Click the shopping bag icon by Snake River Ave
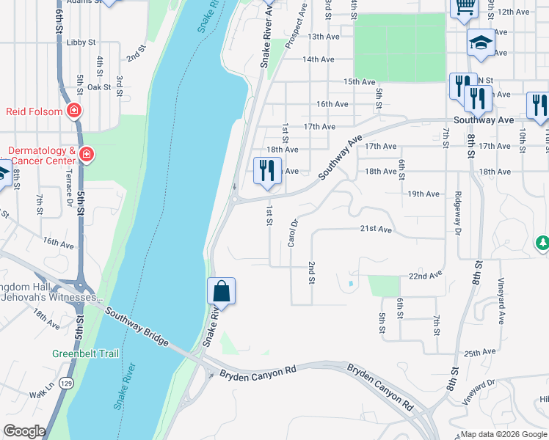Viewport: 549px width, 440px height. (x=221, y=291)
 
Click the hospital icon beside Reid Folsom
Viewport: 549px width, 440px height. (x=73, y=111)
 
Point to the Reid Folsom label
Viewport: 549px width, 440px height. (x=35, y=111)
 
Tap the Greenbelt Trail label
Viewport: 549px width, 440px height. (x=85, y=353)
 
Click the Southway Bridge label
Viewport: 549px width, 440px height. (x=137, y=327)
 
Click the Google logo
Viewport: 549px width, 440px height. (x=24, y=431)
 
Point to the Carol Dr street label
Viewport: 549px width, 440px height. (x=293, y=233)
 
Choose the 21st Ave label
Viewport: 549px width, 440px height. (x=377, y=229)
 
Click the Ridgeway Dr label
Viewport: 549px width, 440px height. (x=458, y=218)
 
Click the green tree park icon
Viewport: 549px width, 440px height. (x=542, y=242)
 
